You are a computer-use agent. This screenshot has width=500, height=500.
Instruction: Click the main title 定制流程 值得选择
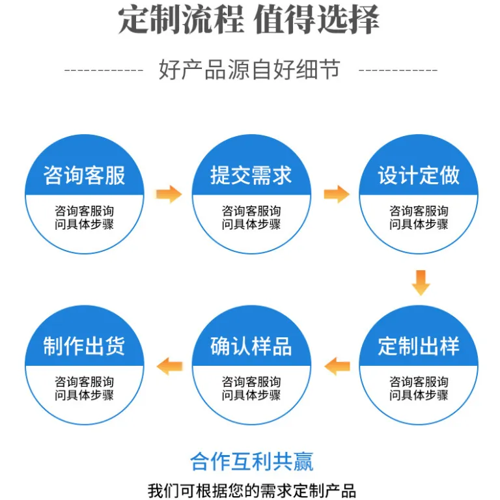(x=249, y=20)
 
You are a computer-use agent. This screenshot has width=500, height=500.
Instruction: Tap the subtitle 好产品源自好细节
(x=250, y=69)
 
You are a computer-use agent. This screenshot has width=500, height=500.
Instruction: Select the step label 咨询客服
(x=84, y=175)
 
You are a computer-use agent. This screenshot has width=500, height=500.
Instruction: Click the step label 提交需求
(x=251, y=175)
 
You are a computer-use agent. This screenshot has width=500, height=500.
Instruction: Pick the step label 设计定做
(x=419, y=175)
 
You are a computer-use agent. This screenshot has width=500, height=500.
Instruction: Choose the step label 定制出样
(x=419, y=346)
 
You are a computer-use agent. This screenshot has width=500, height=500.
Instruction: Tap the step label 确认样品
(x=251, y=346)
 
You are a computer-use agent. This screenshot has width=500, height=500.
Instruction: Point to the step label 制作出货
(x=84, y=346)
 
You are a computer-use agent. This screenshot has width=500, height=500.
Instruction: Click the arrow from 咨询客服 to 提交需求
(x=169, y=194)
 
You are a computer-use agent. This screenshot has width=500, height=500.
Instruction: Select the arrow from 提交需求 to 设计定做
(x=337, y=194)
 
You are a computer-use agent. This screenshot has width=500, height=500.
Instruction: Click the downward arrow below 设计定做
(x=421, y=283)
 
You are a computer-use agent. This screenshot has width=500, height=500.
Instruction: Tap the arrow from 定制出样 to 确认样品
(x=337, y=366)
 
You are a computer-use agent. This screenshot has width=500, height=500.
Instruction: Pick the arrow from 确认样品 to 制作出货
(x=170, y=366)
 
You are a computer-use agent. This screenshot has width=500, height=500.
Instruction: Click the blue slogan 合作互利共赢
(x=251, y=462)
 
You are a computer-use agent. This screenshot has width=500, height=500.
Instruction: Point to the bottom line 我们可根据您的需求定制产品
(x=251, y=490)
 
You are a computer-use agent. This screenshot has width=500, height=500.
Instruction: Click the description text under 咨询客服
(x=84, y=217)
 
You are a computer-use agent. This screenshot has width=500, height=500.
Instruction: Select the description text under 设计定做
(x=419, y=217)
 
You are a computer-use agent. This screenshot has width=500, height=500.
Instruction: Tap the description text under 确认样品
(x=251, y=389)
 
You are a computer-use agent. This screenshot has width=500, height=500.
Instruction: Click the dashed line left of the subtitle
(x=104, y=70)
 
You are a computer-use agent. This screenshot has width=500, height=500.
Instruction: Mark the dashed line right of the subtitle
(x=398, y=70)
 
